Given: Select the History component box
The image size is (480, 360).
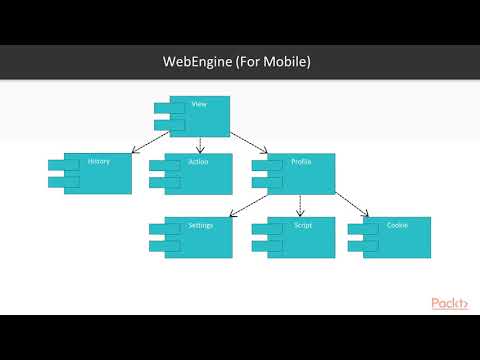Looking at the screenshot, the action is [x=94, y=174].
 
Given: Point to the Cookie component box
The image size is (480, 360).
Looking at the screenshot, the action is [x=394, y=238].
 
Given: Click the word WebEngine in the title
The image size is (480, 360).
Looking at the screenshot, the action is [x=198, y=62].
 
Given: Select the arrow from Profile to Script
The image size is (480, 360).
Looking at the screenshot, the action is [x=301, y=206].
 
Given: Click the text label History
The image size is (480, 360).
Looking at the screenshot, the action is [x=99, y=161].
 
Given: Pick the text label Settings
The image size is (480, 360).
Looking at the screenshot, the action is [x=200, y=225].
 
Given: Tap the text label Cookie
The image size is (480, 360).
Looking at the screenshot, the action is [x=397, y=225].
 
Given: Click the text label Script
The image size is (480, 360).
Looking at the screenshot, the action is [x=303, y=225].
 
